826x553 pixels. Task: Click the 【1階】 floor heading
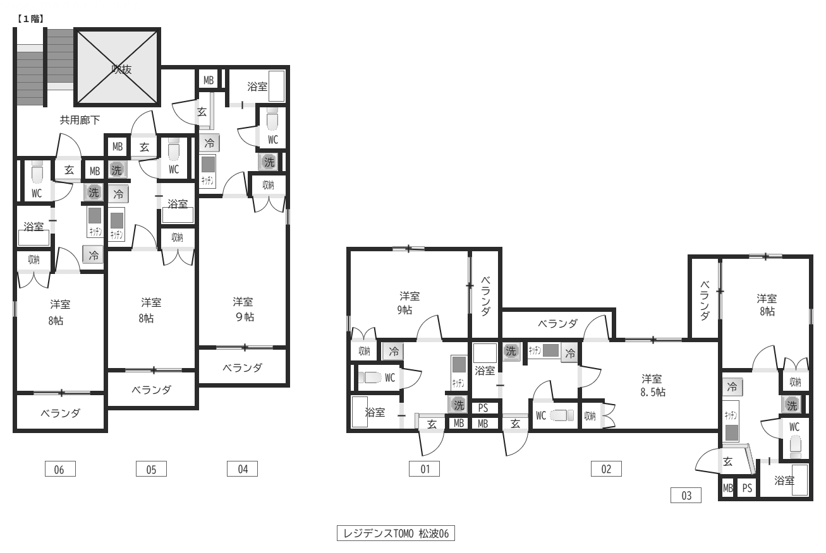coord(30,19)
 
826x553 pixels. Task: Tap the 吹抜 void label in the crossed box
coord(121,69)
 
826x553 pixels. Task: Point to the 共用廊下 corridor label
coord(80,120)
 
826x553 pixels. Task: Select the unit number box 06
coord(60,468)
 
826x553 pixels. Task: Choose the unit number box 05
coord(151,468)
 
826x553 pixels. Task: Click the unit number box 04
coord(242,468)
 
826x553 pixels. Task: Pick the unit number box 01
coord(424,468)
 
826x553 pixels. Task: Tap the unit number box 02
coord(606,468)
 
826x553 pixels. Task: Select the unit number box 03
coord(686,495)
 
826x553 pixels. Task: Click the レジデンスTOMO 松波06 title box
coord(396,533)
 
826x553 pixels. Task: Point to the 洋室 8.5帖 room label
coord(652,385)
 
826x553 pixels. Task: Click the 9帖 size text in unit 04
coord(245,317)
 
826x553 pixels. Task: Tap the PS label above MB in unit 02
coord(483,408)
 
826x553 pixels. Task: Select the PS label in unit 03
coord(747,488)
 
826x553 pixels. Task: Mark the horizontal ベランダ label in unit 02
coord(557,323)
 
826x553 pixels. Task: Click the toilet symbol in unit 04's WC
coord(272,119)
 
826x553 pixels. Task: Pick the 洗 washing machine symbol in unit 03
coord(792,405)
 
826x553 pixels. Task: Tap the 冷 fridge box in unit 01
coord(393,351)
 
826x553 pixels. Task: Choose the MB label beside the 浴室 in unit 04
coord(209,80)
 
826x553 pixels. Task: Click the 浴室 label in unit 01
coord(375,412)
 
